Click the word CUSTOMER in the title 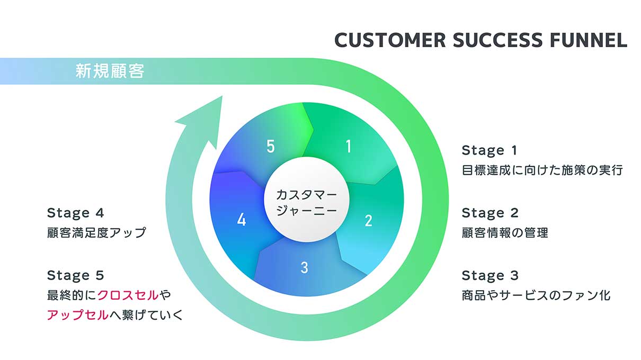(x=390, y=40)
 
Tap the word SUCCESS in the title (x=497, y=40)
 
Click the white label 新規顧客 (x=110, y=71)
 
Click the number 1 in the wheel (x=348, y=147)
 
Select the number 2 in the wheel (x=369, y=220)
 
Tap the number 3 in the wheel (x=305, y=268)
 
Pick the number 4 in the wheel (x=242, y=220)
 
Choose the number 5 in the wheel (x=271, y=147)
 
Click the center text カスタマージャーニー (x=307, y=202)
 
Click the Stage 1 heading (x=489, y=150)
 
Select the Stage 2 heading (x=490, y=213)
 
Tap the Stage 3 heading (x=490, y=276)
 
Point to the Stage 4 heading (x=76, y=213)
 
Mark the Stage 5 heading (x=76, y=276)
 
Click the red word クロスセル (x=128, y=295)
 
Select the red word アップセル (x=78, y=315)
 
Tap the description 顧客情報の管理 (x=505, y=233)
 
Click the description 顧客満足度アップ (x=97, y=233)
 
